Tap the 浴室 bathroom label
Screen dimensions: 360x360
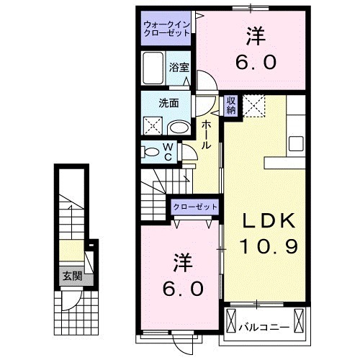(179, 67)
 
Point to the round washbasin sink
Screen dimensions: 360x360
(178, 127)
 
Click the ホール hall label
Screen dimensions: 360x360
(207, 135)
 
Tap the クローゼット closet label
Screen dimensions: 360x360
(194, 207)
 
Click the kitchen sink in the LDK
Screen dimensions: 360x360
(297, 142)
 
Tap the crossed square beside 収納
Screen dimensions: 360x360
(253, 105)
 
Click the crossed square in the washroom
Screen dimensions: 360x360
(153, 126)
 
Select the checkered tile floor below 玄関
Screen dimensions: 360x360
(74, 310)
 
